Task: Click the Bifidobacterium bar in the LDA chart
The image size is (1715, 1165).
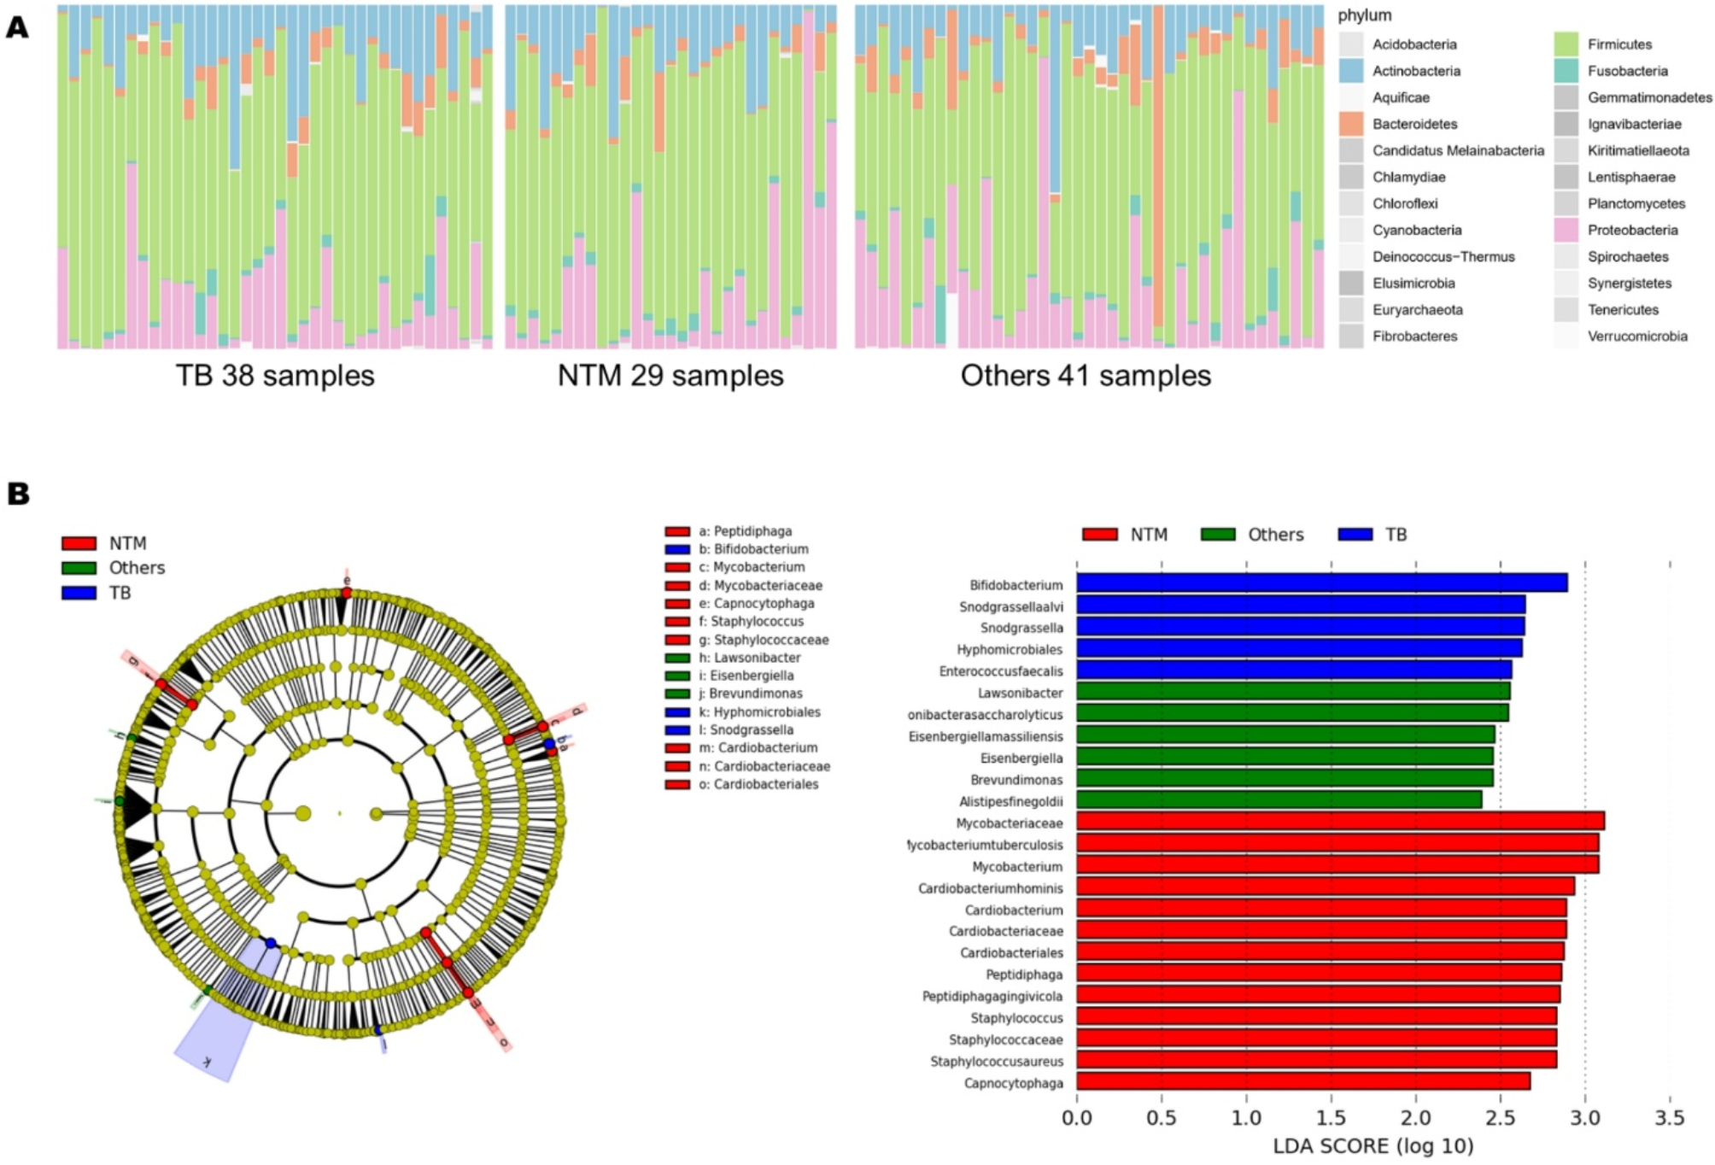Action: tap(1320, 583)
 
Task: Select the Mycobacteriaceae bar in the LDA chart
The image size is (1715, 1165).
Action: tap(1339, 822)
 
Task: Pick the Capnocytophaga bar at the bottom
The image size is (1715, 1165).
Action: tap(1302, 1082)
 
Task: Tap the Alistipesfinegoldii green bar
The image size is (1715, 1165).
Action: tap(1278, 800)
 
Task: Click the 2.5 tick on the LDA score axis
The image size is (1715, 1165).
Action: tap(1500, 1118)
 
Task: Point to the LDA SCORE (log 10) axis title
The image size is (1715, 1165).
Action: tap(1373, 1146)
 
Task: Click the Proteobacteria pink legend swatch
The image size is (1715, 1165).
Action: tap(1566, 230)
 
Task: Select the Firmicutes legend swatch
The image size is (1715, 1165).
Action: tap(1566, 44)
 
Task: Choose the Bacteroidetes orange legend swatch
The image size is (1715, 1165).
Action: tap(1351, 124)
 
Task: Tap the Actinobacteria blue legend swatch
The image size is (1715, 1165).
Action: tap(1351, 71)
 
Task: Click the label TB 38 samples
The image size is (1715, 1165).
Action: tap(275, 376)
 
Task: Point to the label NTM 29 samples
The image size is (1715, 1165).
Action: tap(670, 376)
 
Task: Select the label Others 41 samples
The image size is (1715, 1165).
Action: tap(1086, 376)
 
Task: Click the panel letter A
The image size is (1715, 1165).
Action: tap(17, 28)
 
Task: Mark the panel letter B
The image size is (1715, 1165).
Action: tap(17, 494)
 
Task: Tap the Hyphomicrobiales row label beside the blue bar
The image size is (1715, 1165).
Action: tap(1010, 649)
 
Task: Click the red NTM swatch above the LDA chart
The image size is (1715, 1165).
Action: tap(1099, 535)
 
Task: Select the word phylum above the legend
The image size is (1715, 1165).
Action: tap(1364, 15)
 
